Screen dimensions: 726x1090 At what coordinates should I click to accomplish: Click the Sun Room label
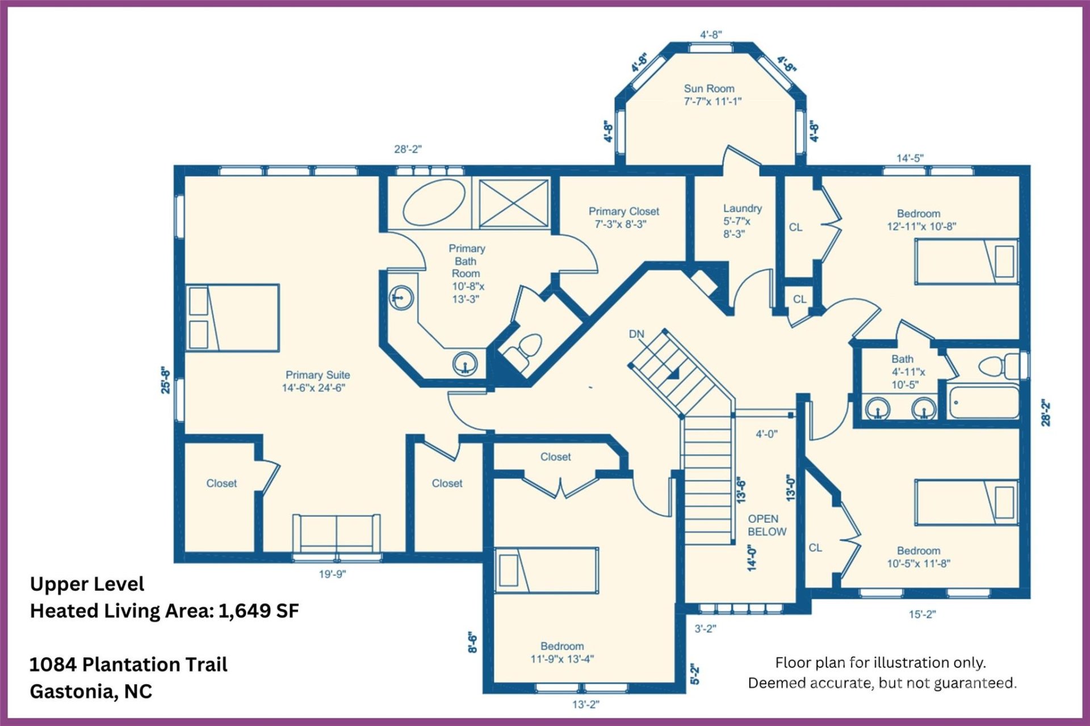tap(709, 89)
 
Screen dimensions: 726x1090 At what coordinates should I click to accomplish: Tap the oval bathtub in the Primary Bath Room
tap(434, 203)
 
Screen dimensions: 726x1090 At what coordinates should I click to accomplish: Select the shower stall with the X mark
tap(514, 203)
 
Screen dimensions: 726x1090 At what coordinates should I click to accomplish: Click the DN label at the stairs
tap(636, 334)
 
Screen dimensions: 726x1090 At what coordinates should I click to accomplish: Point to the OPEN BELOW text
tap(766, 525)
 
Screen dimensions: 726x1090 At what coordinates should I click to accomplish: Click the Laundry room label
tap(742, 208)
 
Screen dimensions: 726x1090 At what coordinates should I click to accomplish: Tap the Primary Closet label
tap(623, 211)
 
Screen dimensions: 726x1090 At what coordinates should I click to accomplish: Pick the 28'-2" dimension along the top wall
tap(408, 149)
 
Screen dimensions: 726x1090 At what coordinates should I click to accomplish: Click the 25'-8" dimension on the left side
tap(165, 380)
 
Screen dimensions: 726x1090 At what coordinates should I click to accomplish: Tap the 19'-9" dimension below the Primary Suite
tap(332, 574)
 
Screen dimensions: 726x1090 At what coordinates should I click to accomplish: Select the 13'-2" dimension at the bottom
tap(585, 704)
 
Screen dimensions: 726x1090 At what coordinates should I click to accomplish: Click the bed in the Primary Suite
tap(233, 318)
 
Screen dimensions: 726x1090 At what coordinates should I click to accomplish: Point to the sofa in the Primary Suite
tap(336, 533)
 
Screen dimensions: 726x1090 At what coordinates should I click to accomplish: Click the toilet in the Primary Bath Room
tap(525, 349)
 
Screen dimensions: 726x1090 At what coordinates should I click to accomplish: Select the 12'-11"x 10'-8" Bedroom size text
tap(921, 226)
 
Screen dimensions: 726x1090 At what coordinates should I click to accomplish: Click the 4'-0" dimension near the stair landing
tap(766, 434)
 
